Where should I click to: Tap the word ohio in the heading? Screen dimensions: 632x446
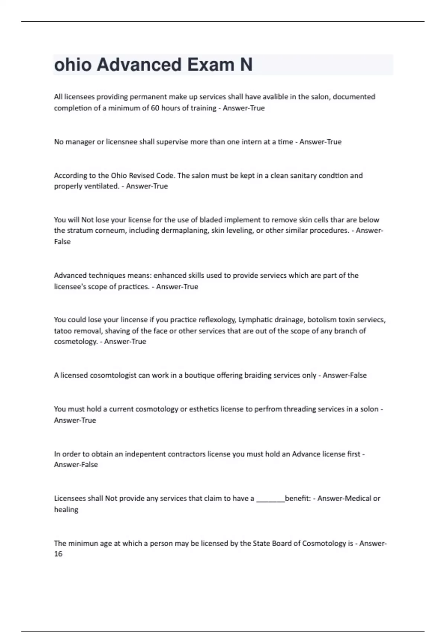73,65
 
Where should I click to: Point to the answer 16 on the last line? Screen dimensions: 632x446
58,554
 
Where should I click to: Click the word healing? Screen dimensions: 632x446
66,510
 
